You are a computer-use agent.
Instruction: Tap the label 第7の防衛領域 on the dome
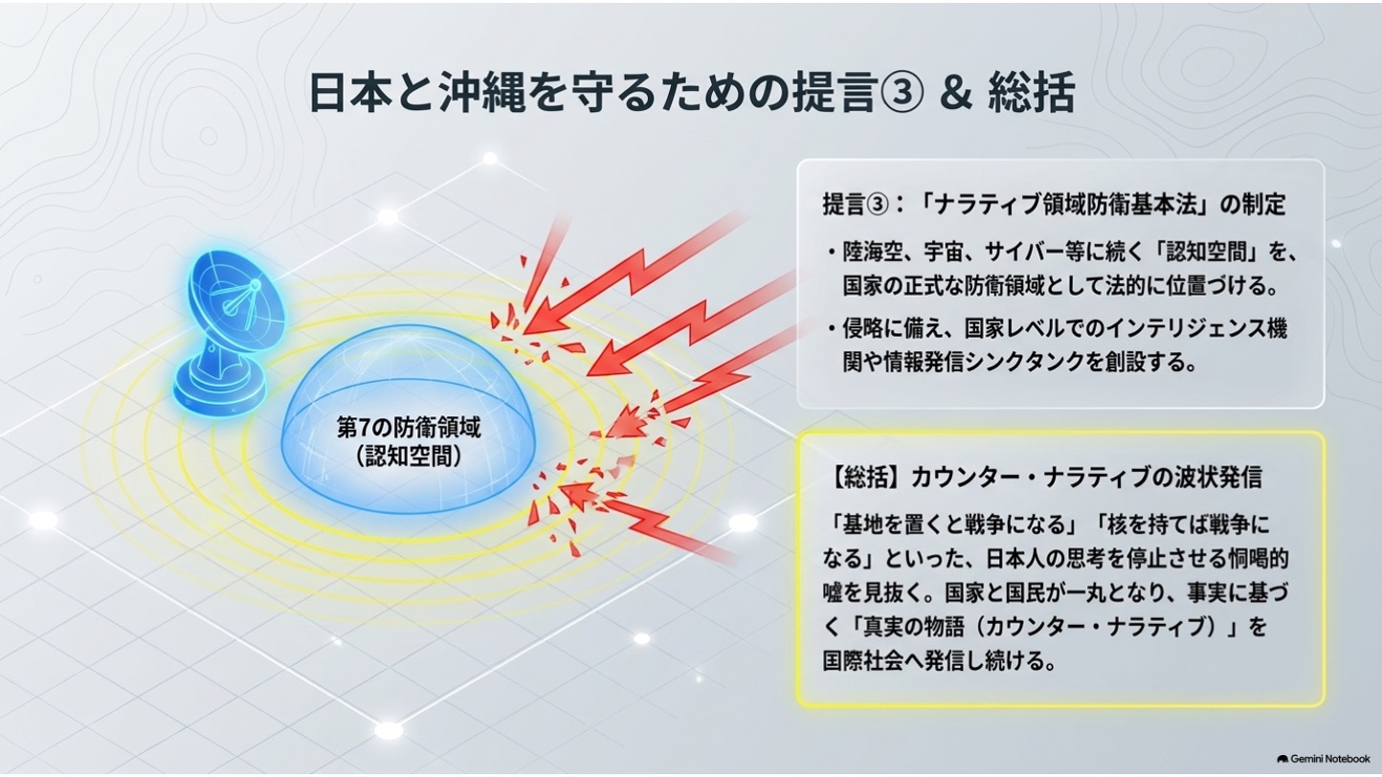click(408, 427)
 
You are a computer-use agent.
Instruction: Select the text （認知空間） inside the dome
click(409, 456)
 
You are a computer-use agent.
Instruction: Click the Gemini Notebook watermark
click(1323, 759)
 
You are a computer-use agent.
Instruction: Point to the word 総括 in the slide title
click(1031, 93)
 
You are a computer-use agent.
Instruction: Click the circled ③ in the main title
click(902, 93)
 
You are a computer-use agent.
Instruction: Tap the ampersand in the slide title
click(956, 93)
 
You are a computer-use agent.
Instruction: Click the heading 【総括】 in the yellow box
click(865, 477)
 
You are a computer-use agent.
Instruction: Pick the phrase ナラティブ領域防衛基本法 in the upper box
click(1069, 204)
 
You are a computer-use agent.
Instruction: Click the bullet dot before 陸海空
click(833, 253)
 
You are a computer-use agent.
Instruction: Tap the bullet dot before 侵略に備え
click(833, 329)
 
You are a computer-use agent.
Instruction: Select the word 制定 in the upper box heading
click(1264, 204)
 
